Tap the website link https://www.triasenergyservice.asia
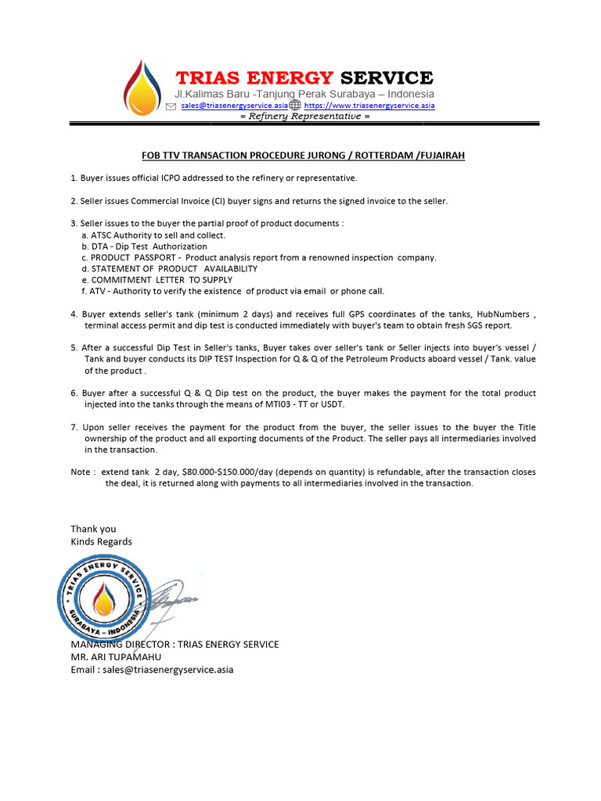pyautogui.click(x=369, y=105)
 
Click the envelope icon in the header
pyautogui.click(x=171, y=105)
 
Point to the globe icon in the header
pyautogui.click(x=295, y=105)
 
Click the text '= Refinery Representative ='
pyautogui.click(x=304, y=116)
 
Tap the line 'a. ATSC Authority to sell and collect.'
pyautogui.click(x=153, y=235)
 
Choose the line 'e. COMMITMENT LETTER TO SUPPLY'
pyautogui.click(x=157, y=279)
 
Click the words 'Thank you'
pyautogui.click(x=93, y=529)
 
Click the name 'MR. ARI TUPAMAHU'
pyautogui.click(x=116, y=657)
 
